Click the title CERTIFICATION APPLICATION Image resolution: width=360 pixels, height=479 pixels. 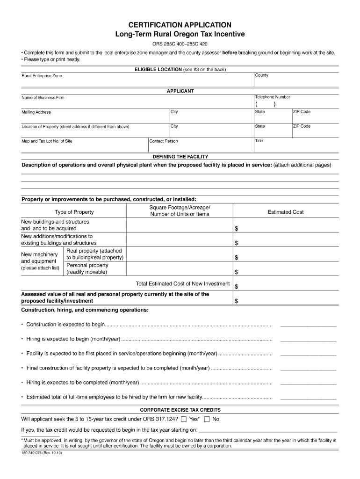coord(180,25)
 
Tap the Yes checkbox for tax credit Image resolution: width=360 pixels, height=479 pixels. coord(184,419)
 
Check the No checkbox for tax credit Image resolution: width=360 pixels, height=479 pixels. coord(207,419)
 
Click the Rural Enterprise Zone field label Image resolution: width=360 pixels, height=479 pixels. coord(42,76)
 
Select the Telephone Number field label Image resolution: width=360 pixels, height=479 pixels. coord(273,97)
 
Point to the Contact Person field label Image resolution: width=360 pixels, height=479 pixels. coord(164,141)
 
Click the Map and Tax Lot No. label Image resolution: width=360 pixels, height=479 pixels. coord(47,141)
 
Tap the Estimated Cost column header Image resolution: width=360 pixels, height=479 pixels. coord(285,212)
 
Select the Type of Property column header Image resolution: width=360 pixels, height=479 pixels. coord(74,212)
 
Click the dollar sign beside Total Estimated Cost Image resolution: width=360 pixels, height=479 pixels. coord(236,286)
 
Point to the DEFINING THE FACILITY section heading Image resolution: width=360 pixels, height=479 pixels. coord(180,157)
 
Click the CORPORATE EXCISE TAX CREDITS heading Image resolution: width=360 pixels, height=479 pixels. coord(180,410)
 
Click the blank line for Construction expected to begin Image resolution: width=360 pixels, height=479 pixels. coord(308,325)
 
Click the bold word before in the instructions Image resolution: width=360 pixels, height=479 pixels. coord(230,53)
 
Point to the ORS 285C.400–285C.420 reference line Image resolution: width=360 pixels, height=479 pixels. coord(180,44)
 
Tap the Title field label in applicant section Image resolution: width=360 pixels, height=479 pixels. coord(259,141)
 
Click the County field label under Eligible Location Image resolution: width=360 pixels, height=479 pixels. coord(261,75)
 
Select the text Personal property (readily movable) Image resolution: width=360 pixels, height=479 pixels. coord(87,269)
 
